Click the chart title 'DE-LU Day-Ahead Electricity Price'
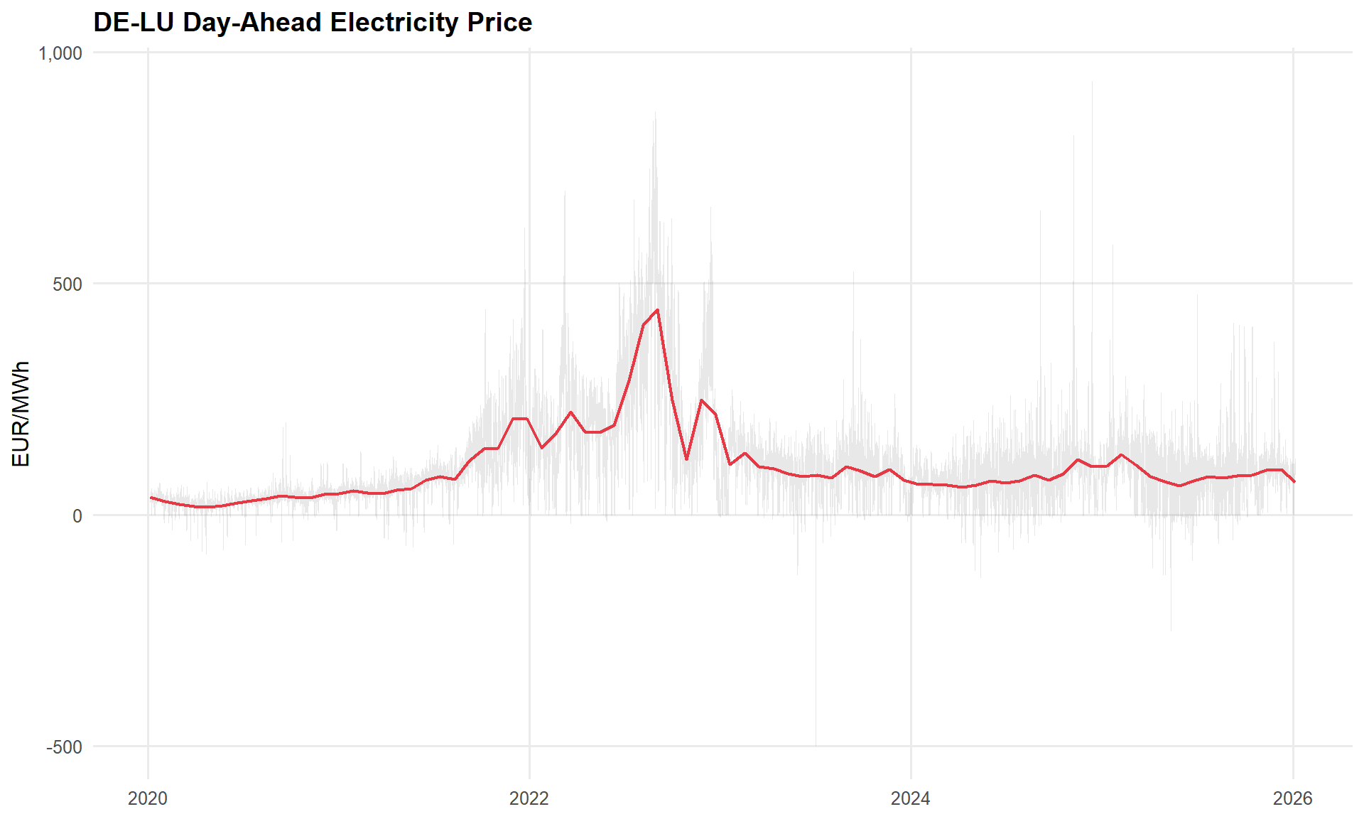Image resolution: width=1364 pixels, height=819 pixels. [x=313, y=23]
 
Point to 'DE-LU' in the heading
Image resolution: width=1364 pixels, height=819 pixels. [x=134, y=23]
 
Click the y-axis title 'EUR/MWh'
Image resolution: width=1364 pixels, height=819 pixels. [x=21, y=414]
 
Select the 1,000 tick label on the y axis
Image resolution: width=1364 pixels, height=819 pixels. [x=60, y=53]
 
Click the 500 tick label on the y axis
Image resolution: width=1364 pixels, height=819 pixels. [x=67, y=284]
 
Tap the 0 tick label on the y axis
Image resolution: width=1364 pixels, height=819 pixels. [x=77, y=516]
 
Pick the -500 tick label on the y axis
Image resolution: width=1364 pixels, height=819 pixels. [x=65, y=747]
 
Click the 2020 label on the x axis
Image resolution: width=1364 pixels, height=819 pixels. [x=148, y=799]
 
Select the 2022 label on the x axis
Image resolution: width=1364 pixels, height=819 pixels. [x=529, y=799]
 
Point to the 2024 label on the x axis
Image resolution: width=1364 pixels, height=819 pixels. [x=911, y=799]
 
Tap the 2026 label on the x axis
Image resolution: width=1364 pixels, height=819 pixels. [x=1293, y=799]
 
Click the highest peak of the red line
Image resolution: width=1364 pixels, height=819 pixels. [x=658, y=310]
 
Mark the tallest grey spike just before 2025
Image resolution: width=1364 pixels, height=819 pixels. [x=1092, y=82]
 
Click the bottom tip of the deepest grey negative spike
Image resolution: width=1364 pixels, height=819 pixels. [x=816, y=745]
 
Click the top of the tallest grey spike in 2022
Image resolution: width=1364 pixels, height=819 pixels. [x=655, y=112]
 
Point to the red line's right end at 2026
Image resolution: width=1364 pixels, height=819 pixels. [x=1294, y=482]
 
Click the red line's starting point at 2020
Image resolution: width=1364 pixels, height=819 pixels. [x=151, y=498]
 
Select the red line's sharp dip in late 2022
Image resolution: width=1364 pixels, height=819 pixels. [x=686, y=459]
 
